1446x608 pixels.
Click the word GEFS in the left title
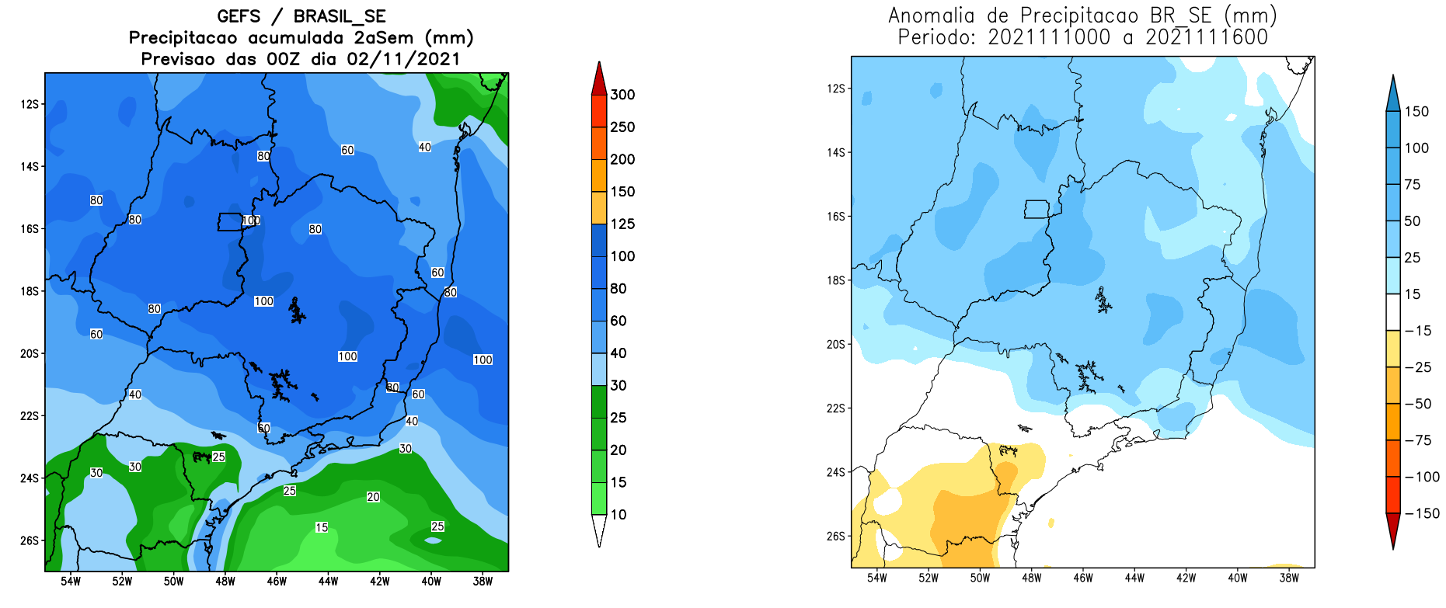point(239,16)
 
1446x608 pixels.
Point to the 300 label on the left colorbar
point(622,95)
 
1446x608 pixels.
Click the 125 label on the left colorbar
point(622,224)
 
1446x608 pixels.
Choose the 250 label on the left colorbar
point(622,127)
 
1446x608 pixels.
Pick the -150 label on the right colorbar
point(1421,513)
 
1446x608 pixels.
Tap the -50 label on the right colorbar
point(1418,404)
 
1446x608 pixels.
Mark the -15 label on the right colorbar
point(1418,331)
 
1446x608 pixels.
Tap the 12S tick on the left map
point(30,104)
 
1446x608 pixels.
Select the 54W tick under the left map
point(71,582)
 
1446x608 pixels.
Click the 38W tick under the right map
point(1289,578)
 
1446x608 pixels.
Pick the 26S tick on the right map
point(835,537)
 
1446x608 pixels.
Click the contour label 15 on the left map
point(322,527)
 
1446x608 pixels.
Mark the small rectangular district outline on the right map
point(1037,209)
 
